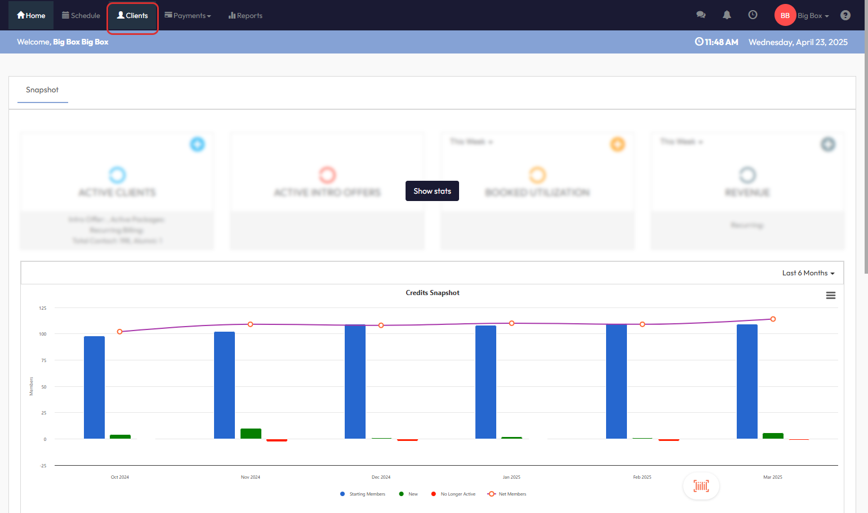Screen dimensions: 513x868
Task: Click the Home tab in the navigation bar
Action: (31, 16)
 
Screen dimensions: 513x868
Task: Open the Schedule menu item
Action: (81, 16)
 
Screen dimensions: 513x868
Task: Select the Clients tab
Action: (132, 16)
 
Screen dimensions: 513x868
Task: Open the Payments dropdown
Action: (188, 16)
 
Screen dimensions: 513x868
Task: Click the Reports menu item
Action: (246, 16)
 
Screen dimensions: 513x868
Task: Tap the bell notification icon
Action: (727, 15)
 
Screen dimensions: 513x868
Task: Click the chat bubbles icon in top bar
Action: (701, 15)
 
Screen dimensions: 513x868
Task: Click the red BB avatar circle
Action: (785, 15)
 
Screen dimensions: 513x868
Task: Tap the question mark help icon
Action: (845, 15)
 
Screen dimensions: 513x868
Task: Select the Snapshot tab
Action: (42, 90)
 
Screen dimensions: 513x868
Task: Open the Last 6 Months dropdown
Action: (808, 273)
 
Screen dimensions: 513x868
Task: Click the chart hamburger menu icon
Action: (830, 296)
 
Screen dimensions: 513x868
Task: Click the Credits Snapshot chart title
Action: (432, 293)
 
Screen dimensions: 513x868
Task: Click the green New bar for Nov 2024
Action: (251, 434)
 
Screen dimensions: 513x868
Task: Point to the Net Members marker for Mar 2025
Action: (773, 319)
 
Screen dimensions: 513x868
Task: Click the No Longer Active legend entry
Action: (457, 494)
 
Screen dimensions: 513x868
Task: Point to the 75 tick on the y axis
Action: (44, 360)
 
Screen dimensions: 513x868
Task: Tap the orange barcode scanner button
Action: (701, 486)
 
